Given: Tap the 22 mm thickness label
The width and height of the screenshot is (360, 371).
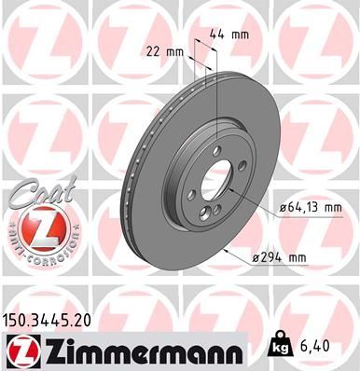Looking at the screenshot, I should click(x=163, y=51).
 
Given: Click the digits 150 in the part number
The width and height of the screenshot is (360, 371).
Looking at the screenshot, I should click(x=17, y=320).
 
